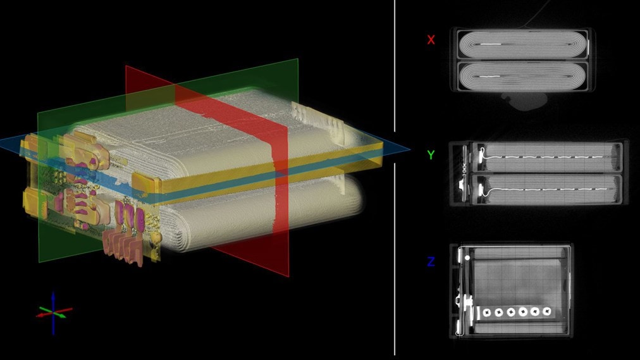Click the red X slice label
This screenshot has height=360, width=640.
coord(431,40)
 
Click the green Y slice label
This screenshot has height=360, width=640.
coord(431,155)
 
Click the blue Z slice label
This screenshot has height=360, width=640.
coord(431,261)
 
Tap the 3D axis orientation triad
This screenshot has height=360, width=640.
coord(54,312)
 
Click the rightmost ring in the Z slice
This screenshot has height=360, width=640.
coord(548,311)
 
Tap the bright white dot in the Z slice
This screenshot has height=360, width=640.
coord(467,258)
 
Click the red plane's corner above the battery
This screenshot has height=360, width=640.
coord(127,66)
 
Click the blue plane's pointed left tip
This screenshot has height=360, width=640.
coord(2,144)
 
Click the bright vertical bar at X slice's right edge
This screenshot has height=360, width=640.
coord(589,47)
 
